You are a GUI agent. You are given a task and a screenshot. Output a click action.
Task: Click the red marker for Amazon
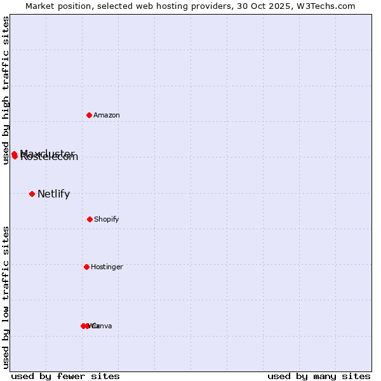click(90, 115)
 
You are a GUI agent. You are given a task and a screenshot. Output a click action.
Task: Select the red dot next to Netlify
click(32, 194)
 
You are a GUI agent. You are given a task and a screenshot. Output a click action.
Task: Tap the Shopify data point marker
click(90, 219)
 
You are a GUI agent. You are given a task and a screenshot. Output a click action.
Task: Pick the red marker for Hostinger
click(86, 267)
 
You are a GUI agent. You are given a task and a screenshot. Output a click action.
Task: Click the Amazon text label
click(107, 115)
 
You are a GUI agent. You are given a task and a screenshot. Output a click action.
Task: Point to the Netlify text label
click(53, 194)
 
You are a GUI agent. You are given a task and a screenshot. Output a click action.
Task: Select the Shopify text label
click(107, 220)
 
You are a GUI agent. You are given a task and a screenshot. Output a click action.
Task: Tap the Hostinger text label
click(107, 267)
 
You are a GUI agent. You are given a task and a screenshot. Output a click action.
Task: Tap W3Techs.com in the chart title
click(324, 6)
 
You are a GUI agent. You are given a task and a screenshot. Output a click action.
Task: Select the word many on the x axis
click(323, 376)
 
